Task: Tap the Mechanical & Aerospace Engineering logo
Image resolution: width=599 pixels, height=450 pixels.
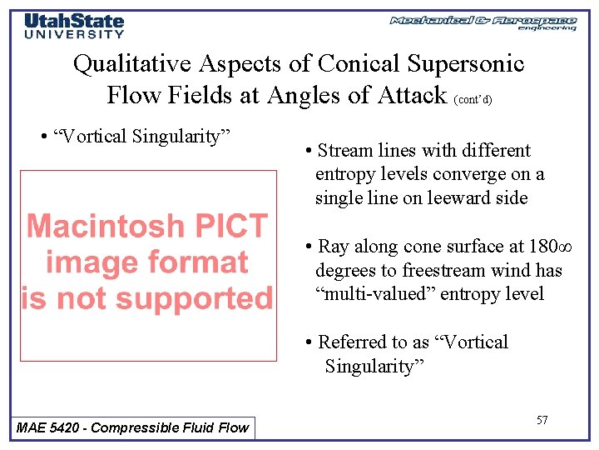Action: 483,22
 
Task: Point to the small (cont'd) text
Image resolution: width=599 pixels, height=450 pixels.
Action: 473,99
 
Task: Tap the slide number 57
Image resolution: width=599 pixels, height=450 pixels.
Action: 542,420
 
